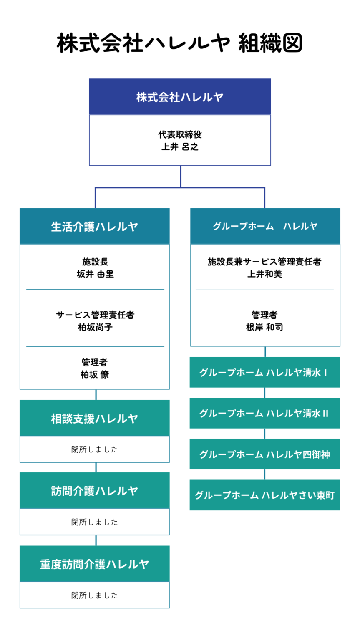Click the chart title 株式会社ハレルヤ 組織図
tap(179, 43)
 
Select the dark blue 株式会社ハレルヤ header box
tap(180, 97)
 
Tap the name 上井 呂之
tap(180, 147)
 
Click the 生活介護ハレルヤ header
tap(95, 226)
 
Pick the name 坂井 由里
tap(95, 274)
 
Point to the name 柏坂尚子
tap(95, 327)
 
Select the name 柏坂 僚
tap(95, 374)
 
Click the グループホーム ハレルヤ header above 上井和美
tap(265, 226)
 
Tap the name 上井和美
tap(264, 274)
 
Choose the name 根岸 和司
tap(264, 327)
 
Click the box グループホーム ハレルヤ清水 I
tap(264, 372)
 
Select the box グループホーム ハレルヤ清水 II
tap(264, 413)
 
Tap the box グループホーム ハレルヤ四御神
tap(264, 454)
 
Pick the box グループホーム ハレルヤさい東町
tap(264, 495)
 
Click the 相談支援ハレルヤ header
tap(95, 418)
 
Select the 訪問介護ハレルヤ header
tap(95, 490)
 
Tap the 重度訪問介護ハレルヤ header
tap(95, 564)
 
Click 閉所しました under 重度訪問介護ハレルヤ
tap(95, 595)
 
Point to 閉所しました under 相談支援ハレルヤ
tap(95, 449)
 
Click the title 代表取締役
tap(180, 134)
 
